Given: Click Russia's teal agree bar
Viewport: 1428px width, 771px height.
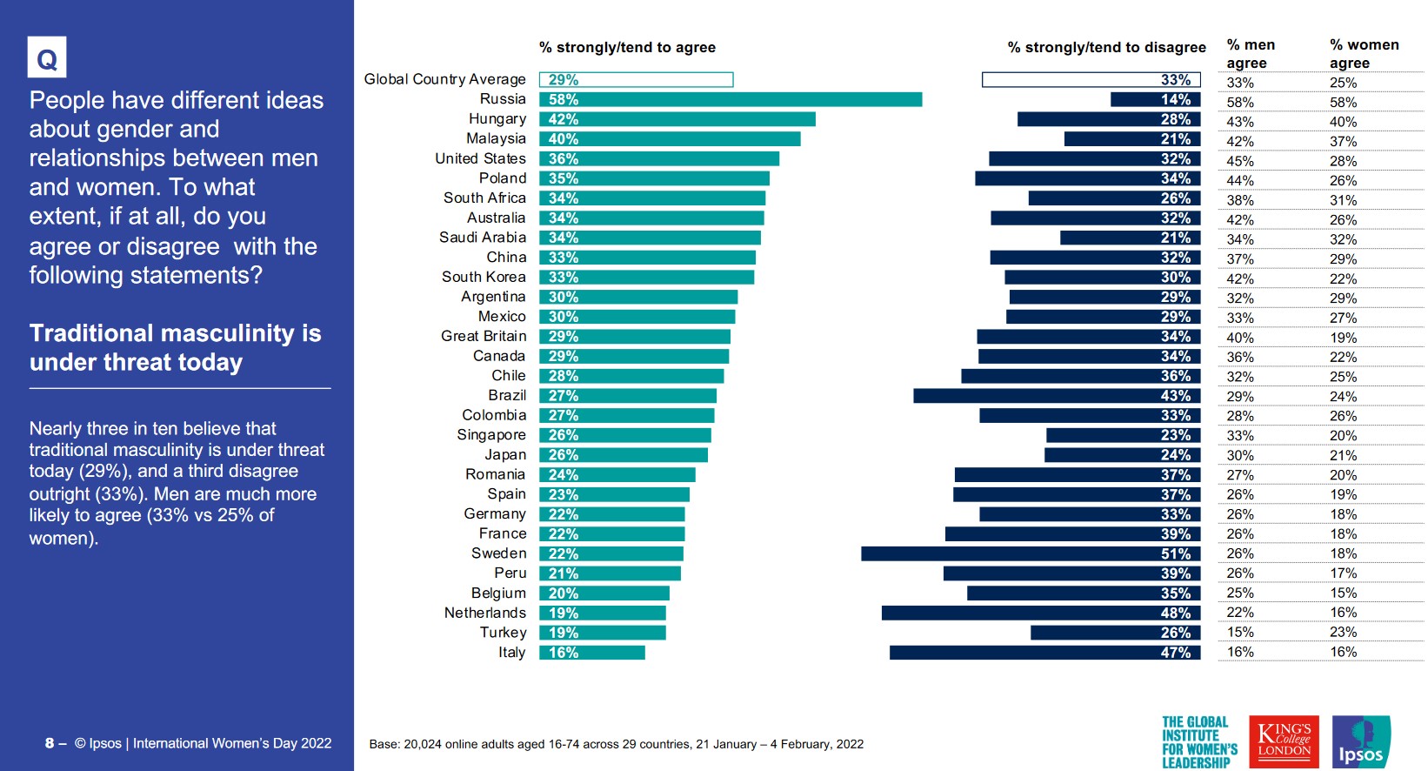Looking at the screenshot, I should pos(730,99).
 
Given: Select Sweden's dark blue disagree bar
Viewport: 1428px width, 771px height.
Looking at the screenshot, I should pos(1031,553).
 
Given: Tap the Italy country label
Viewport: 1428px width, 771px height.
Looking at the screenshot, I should pos(511,652).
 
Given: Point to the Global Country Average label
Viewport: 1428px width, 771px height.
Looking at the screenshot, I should pos(444,79).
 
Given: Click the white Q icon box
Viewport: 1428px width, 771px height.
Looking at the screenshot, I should pos(47,58).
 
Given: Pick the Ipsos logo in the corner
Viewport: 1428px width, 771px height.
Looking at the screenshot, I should pos(1361,741).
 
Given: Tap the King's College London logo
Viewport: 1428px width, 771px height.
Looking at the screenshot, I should pos(1284,741).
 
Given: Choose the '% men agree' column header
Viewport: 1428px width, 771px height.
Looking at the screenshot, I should pos(1250,53).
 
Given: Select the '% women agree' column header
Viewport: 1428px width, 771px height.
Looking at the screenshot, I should pos(1364,53).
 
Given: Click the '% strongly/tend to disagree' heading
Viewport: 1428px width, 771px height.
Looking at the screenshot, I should pos(1106,47).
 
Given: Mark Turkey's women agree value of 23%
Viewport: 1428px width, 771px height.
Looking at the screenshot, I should pos(1343,632).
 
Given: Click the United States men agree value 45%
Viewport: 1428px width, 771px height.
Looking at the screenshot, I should pos(1240,161).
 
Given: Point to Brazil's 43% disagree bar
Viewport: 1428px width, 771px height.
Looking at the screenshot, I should pos(1057,396).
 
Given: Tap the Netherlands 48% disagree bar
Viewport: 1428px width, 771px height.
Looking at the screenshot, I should pos(1041,613).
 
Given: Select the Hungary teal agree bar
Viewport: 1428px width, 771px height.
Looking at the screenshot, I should pos(677,119).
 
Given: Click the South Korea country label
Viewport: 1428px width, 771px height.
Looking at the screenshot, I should pos(484,277).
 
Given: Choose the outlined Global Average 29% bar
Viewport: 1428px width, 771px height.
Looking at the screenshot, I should pos(636,79).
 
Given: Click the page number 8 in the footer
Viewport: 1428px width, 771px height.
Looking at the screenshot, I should pos(50,743).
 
